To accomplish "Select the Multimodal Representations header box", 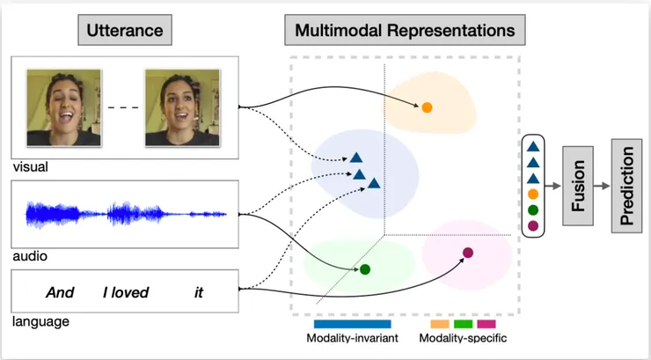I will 405,31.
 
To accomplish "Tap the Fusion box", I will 577,187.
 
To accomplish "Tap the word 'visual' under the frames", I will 30,166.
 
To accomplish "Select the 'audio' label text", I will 29,256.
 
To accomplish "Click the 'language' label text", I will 40,322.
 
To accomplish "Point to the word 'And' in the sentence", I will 60,292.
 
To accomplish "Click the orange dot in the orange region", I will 427,107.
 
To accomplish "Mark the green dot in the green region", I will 365,268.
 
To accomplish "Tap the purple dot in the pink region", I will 468,253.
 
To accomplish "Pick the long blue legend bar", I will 352,324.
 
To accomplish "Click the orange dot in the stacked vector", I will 532,195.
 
